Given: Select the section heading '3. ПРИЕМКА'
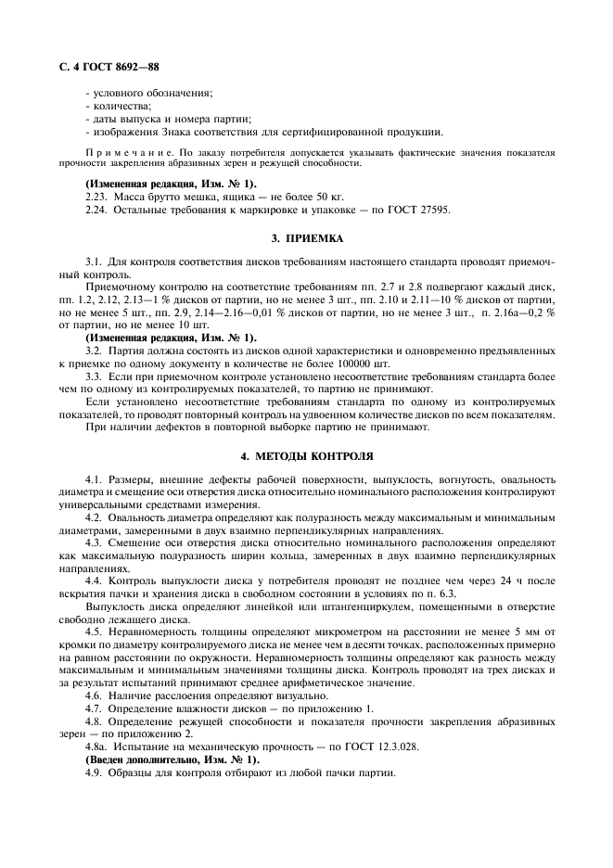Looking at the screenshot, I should coord(306,237).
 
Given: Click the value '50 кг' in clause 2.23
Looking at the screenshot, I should coord(329,198).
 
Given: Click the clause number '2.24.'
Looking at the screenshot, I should coord(97,211).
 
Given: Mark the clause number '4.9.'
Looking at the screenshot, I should coord(96,772).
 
